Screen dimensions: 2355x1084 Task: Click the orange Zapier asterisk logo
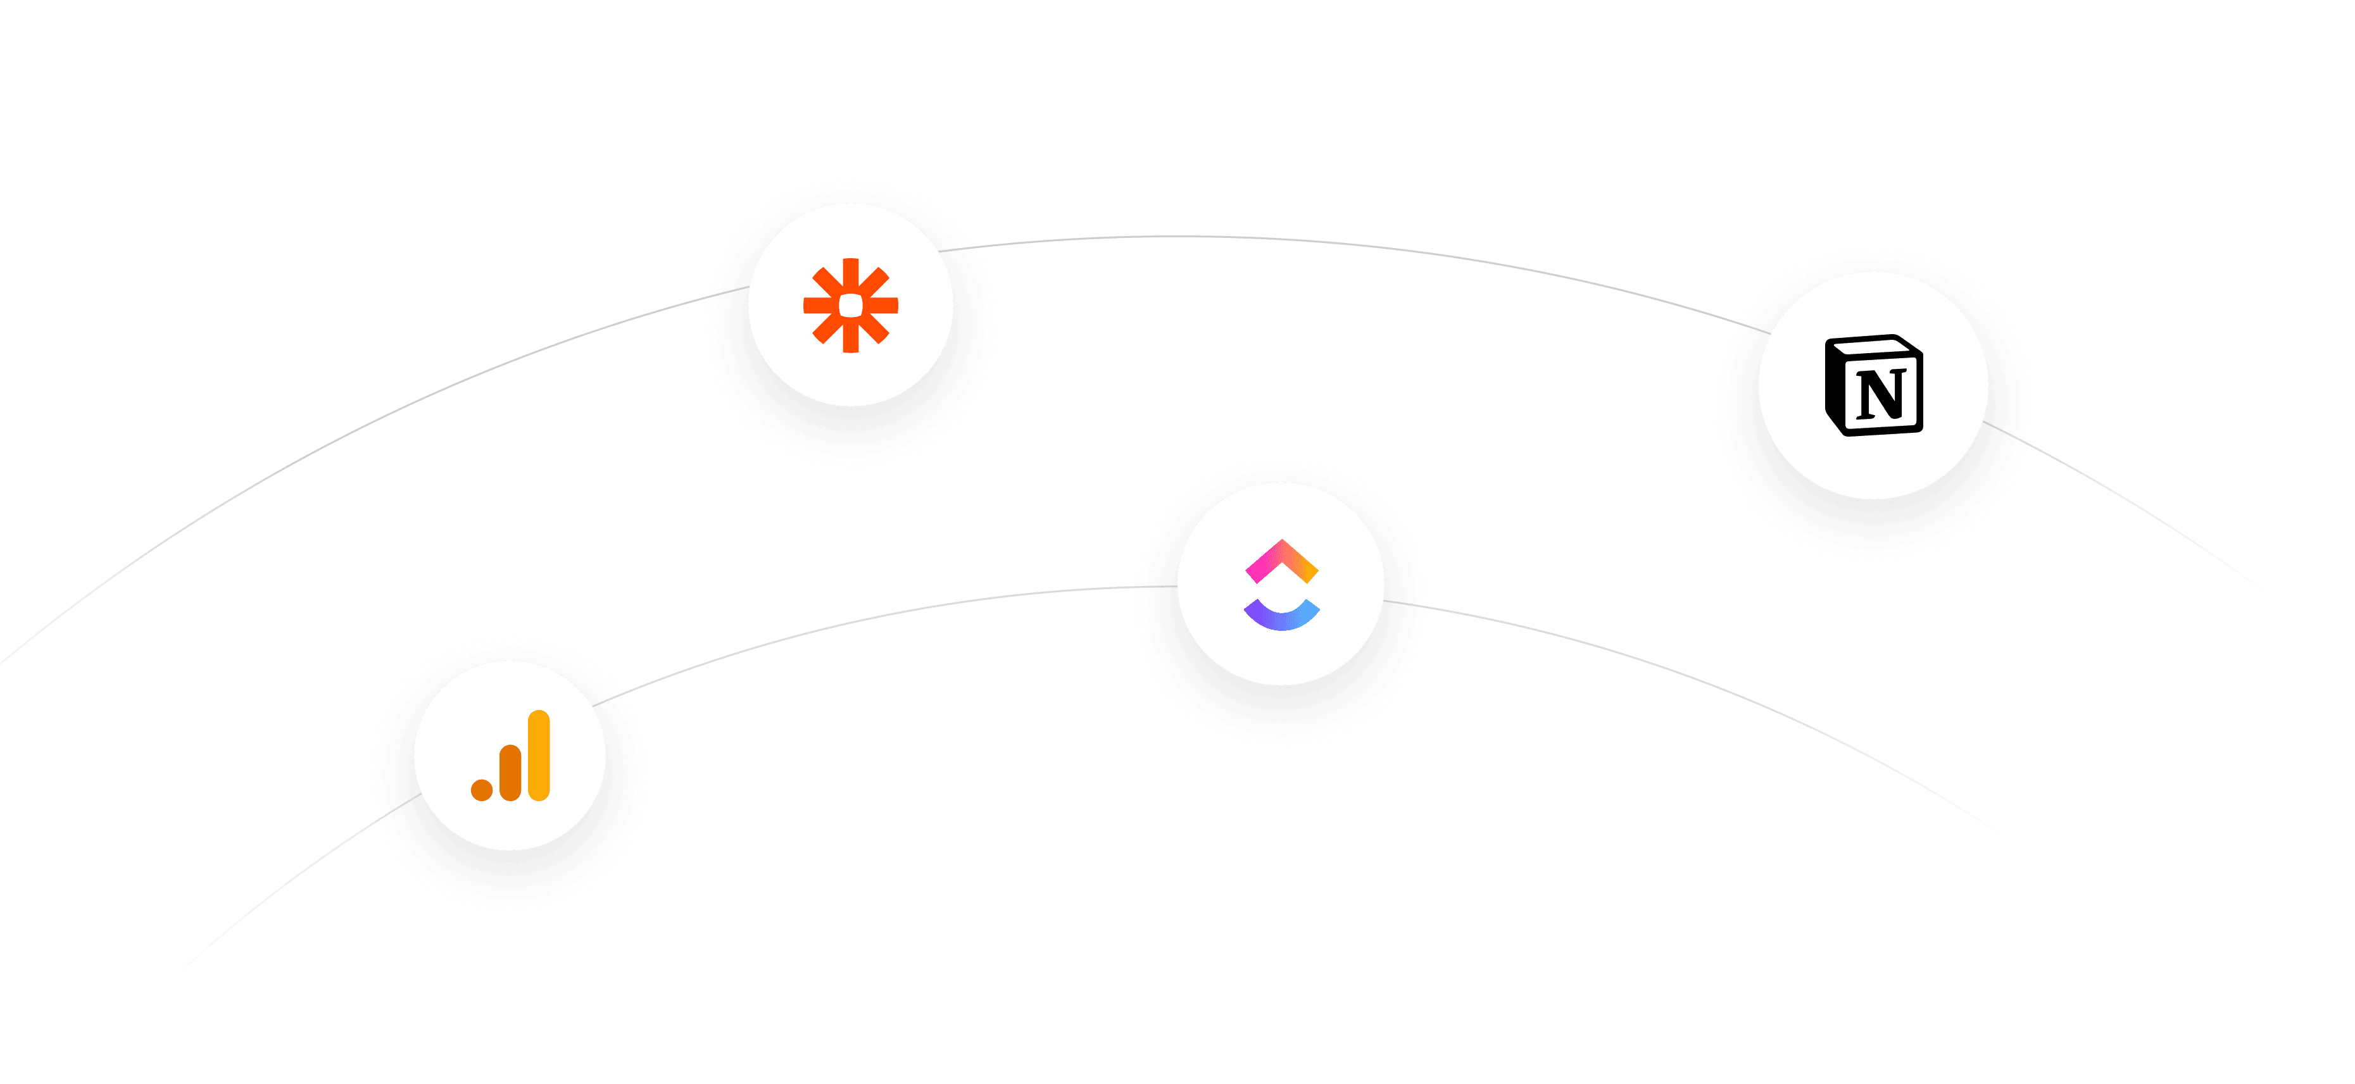850,305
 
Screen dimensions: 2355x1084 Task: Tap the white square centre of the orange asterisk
850,305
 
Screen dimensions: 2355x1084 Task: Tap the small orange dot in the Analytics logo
482,788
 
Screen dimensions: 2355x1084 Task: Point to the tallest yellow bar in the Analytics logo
539,755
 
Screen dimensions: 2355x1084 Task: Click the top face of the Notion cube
1869,346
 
